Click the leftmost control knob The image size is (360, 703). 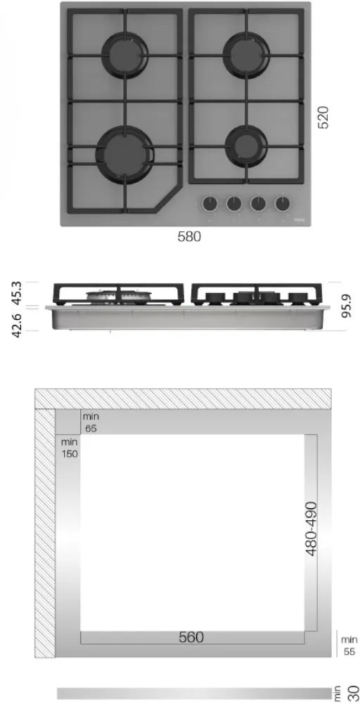pyautogui.click(x=210, y=204)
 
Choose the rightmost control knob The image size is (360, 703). pyautogui.click(x=283, y=204)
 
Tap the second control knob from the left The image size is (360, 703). pyautogui.click(x=233, y=204)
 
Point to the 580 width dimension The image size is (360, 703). pyautogui.click(x=188, y=238)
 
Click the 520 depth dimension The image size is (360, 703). pyautogui.click(x=323, y=117)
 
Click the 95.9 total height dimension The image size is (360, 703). pyautogui.click(x=345, y=307)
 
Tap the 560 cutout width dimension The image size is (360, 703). pyautogui.click(x=191, y=637)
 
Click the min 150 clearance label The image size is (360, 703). pyautogui.click(x=69, y=448)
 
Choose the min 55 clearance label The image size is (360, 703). pyautogui.click(x=349, y=645)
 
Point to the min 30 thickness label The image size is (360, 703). pyautogui.click(x=348, y=692)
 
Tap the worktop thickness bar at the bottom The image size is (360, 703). pyautogui.click(x=193, y=693)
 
